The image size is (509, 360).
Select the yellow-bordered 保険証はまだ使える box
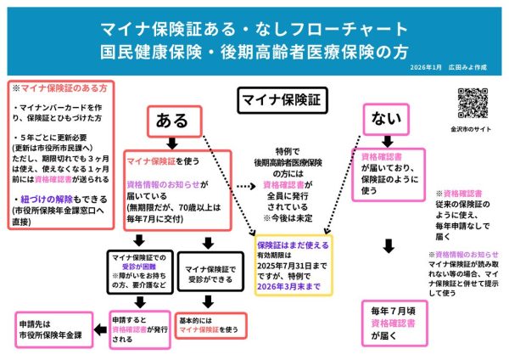click(293, 266)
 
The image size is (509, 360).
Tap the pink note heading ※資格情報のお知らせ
click(462, 254)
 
